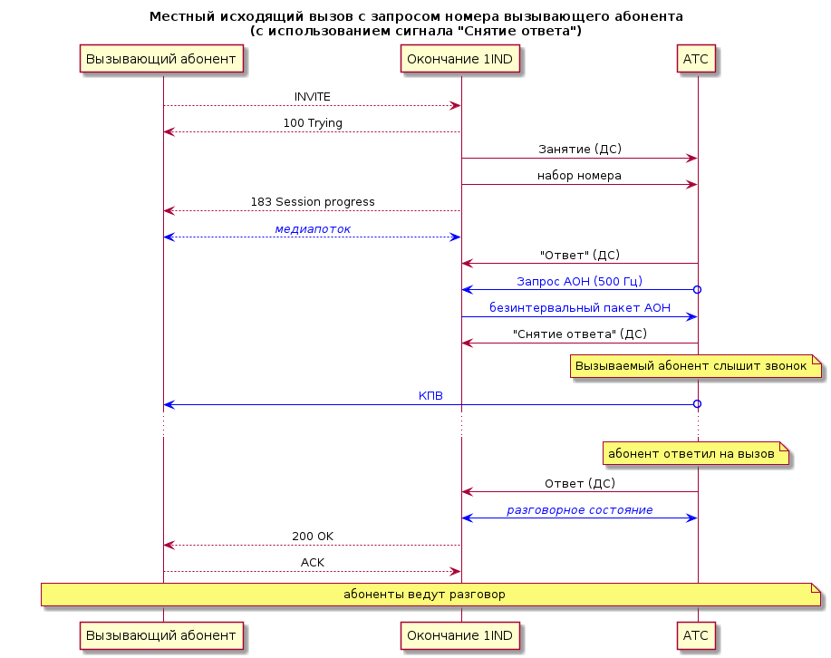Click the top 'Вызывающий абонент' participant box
tap(161, 58)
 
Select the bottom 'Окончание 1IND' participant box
tap(460, 635)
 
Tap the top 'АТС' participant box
tap(696, 58)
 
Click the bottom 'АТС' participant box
tap(696, 635)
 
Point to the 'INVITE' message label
tap(312, 97)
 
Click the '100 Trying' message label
tap(313, 123)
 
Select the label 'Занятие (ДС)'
tap(580, 149)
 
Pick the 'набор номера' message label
tap(579, 176)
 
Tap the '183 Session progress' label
tap(313, 202)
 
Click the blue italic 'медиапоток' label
tap(313, 229)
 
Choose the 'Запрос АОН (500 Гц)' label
tap(580, 282)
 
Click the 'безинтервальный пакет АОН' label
tap(580, 307)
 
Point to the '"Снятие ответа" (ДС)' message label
tap(580, 334)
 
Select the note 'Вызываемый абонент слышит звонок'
tap(696, 366)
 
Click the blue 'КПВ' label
tap(430, 396)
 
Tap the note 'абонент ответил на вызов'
tap(696, 453)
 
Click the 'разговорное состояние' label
tap(580, 510)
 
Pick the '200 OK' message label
tap(313, 537)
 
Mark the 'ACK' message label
tap(312, 563)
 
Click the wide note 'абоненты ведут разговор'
tap(430, 595)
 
